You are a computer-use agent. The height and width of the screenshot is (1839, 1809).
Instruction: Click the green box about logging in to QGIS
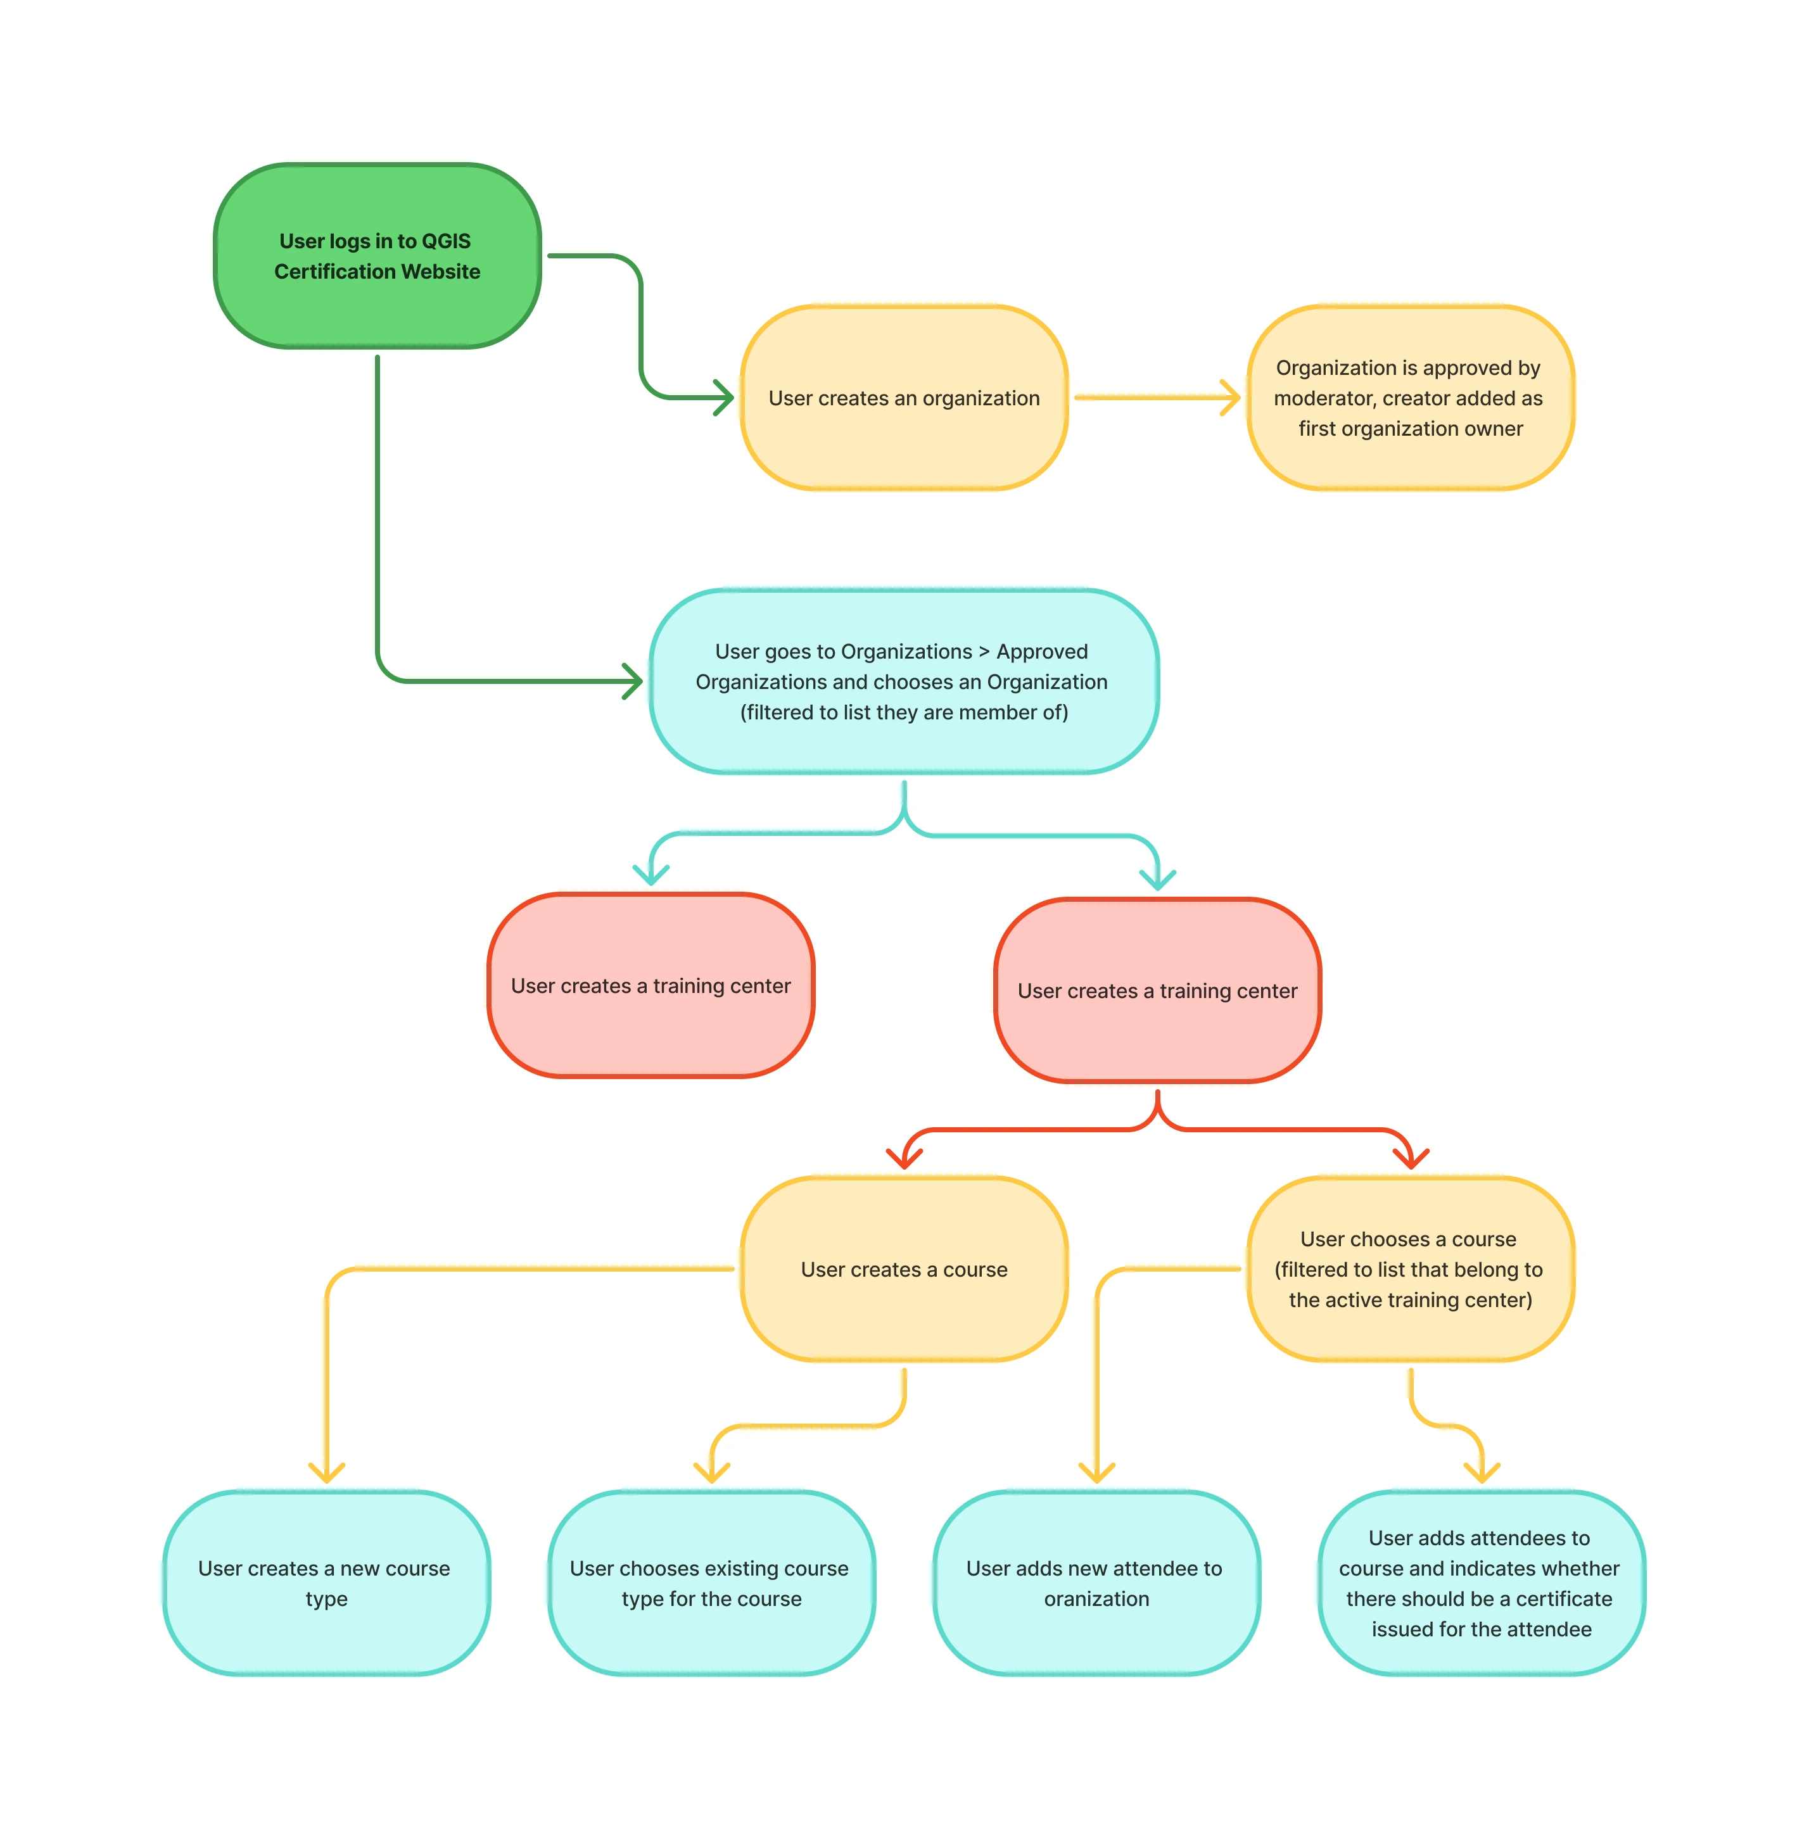(378, 256)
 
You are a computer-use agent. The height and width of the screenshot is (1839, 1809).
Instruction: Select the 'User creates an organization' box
(903, 398)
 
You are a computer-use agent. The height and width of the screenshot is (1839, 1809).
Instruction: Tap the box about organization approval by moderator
(1410, 398)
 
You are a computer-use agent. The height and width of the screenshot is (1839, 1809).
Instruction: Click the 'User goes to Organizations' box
(903, 681)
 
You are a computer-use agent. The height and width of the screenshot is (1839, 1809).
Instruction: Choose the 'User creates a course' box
(903, 1269)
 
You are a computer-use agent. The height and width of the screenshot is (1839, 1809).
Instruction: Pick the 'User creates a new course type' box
(326, 1583)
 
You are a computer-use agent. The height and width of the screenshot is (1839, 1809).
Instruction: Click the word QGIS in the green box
(446, 241)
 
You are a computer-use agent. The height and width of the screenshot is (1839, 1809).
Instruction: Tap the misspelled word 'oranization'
(1096, 1598)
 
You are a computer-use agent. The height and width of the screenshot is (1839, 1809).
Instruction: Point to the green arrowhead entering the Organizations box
(633, 681)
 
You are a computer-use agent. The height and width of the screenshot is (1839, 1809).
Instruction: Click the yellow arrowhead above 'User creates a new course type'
(326, 1473)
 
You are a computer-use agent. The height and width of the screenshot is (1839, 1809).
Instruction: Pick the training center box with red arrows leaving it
(1157, 990)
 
